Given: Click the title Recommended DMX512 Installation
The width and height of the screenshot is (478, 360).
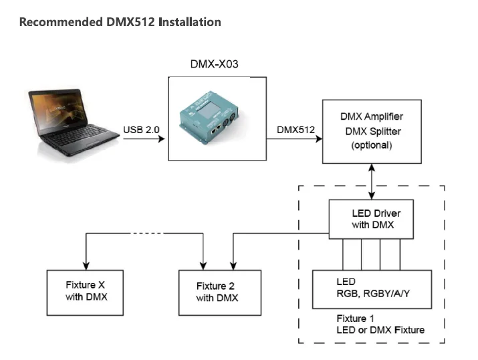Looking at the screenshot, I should click(x=120, y=22).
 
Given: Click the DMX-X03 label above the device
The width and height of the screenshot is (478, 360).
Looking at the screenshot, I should click(x=215, y=64).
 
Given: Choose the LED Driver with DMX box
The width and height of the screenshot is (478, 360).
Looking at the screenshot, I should click(x=372, y=218).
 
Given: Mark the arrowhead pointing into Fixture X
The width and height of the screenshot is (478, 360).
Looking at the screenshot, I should click(x=86, y=263).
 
